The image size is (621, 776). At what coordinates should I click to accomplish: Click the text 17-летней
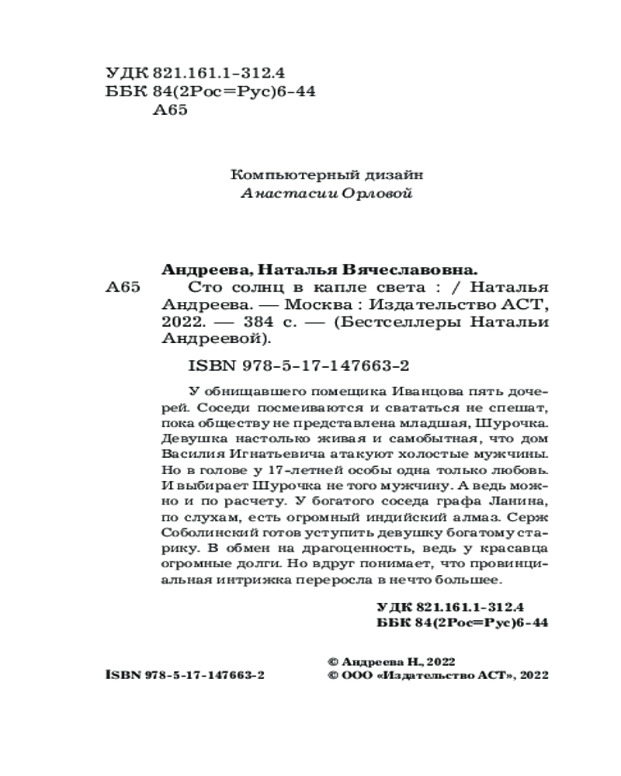(295, 470)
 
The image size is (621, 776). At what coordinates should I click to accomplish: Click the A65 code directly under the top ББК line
(172, 111)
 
